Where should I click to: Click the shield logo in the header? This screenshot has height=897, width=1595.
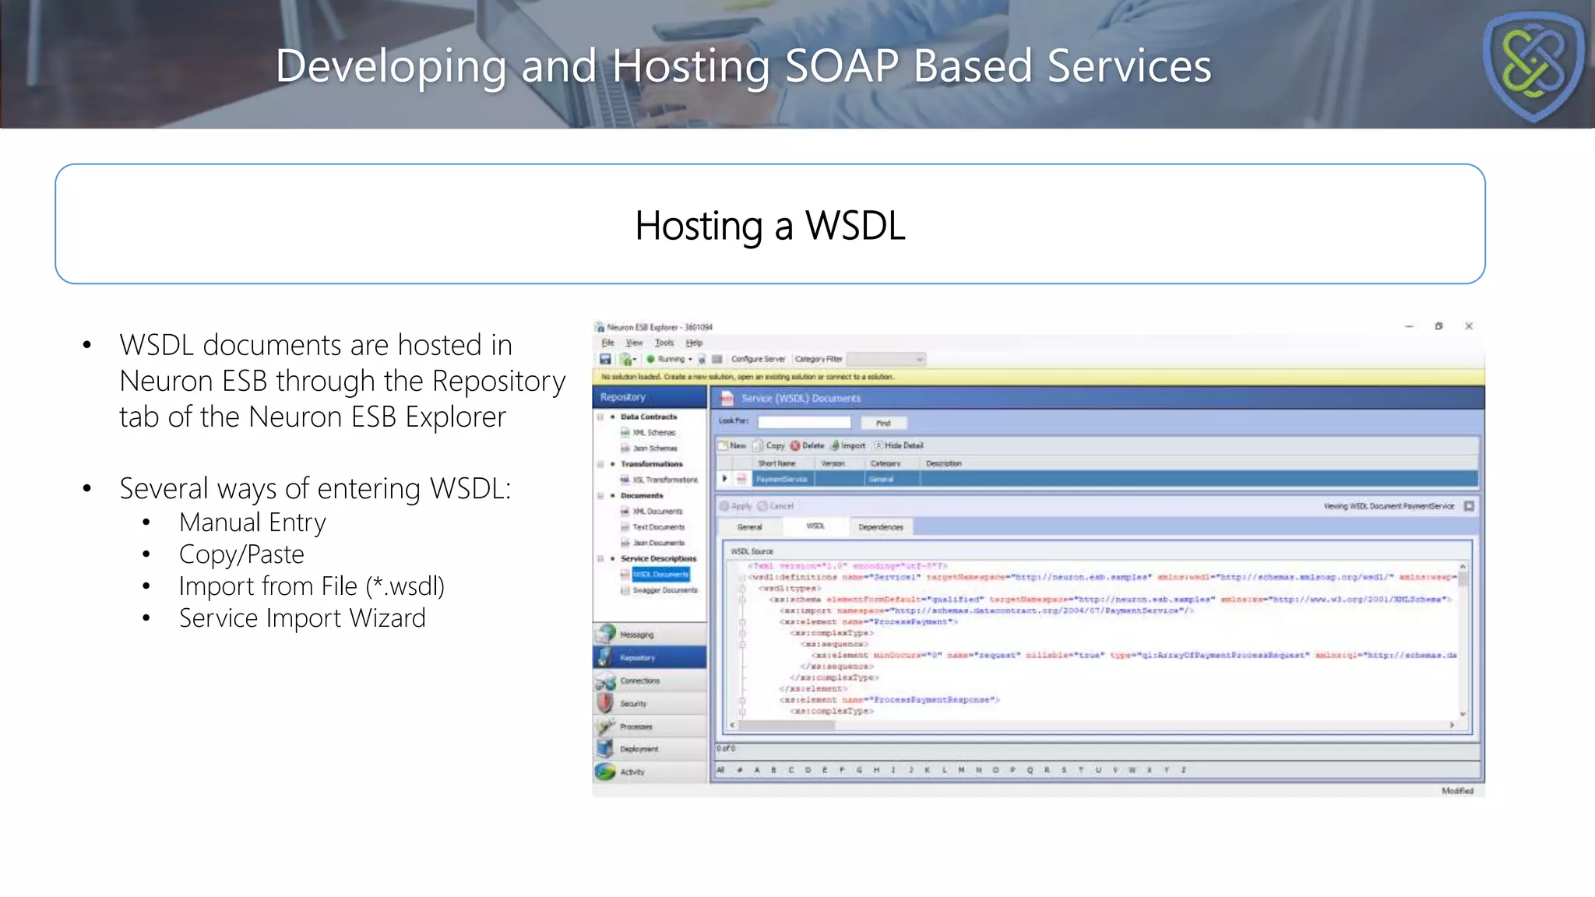(1533, 65)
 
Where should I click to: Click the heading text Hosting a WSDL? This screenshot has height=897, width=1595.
(769, 226)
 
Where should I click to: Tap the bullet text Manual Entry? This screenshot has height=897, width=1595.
(252, 522)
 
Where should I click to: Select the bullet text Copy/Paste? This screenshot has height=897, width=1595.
(241, 554)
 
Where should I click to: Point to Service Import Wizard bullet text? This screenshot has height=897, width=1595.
(302, 618)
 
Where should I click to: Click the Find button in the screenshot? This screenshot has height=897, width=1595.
(883, 423)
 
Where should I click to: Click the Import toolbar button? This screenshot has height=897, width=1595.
(849, 445)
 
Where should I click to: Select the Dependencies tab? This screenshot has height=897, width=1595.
(880, 527)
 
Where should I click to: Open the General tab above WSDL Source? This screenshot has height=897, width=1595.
(749, 527)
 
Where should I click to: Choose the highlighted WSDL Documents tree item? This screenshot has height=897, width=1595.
(660, 575)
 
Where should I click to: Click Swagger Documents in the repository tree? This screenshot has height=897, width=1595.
(664, 590)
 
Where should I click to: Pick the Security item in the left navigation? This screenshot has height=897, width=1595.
(633, 704)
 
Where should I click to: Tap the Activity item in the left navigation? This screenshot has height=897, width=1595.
(632, 772)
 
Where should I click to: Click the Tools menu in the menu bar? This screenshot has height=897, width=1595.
(664, 343)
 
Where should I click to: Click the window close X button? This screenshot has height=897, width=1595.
(1469, 326)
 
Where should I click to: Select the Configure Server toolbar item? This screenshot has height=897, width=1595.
(758, 359)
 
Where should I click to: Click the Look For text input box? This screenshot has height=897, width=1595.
(804, 422)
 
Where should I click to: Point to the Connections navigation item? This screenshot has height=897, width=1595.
(639, 681)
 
